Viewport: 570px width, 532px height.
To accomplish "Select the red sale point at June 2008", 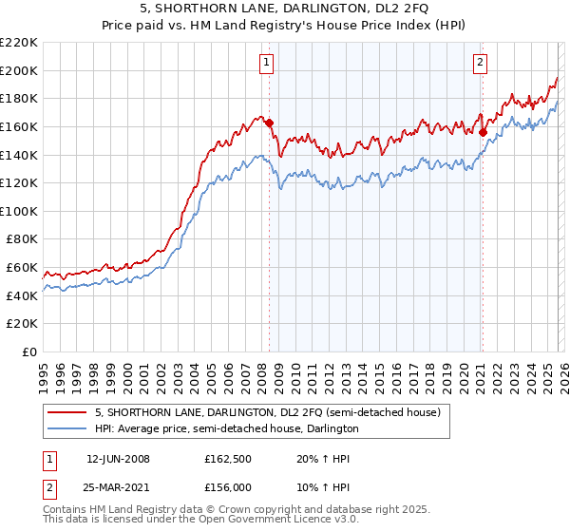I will (x=269, y=123).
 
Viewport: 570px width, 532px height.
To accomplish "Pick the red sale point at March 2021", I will (x=483, y=132).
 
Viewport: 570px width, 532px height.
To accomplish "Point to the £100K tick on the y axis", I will (x=19, y=211).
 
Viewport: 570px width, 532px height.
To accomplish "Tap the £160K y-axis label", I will (x=19, y=126).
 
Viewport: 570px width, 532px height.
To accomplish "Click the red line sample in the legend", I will (x=66, y=413).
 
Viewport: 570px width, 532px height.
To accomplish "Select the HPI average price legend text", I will (x=226, y=429).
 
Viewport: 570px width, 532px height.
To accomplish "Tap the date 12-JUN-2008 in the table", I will (x=118, y=459).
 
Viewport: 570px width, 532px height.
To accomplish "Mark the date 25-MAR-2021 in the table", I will (x=119, y=485).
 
